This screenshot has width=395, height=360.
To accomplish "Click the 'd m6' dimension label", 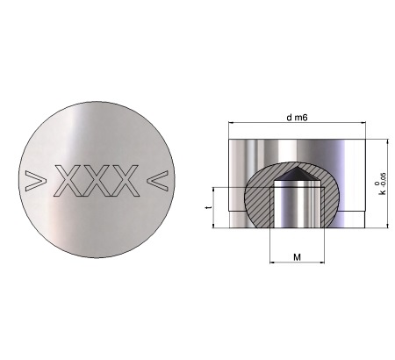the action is pyautogui.click(x=297, y=118).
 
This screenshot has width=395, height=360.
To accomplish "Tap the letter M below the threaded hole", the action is pyautogui.click(x=297, y=257).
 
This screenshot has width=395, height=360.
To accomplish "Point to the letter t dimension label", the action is pyautogui.click(x=209, y=207).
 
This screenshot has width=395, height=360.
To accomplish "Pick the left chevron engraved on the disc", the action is pyautogui.click(x=36, y=181).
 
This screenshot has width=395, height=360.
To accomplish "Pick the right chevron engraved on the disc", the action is pyautogui.click(x=158, y=180).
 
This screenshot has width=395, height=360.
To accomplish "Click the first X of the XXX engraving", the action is pyautogui.click(x=68, y=181).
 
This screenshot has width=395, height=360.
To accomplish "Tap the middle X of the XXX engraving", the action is pyautogui.click(x=97, y=181).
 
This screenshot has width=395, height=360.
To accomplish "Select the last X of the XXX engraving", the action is pyautogui.click(x=125, y=181).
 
